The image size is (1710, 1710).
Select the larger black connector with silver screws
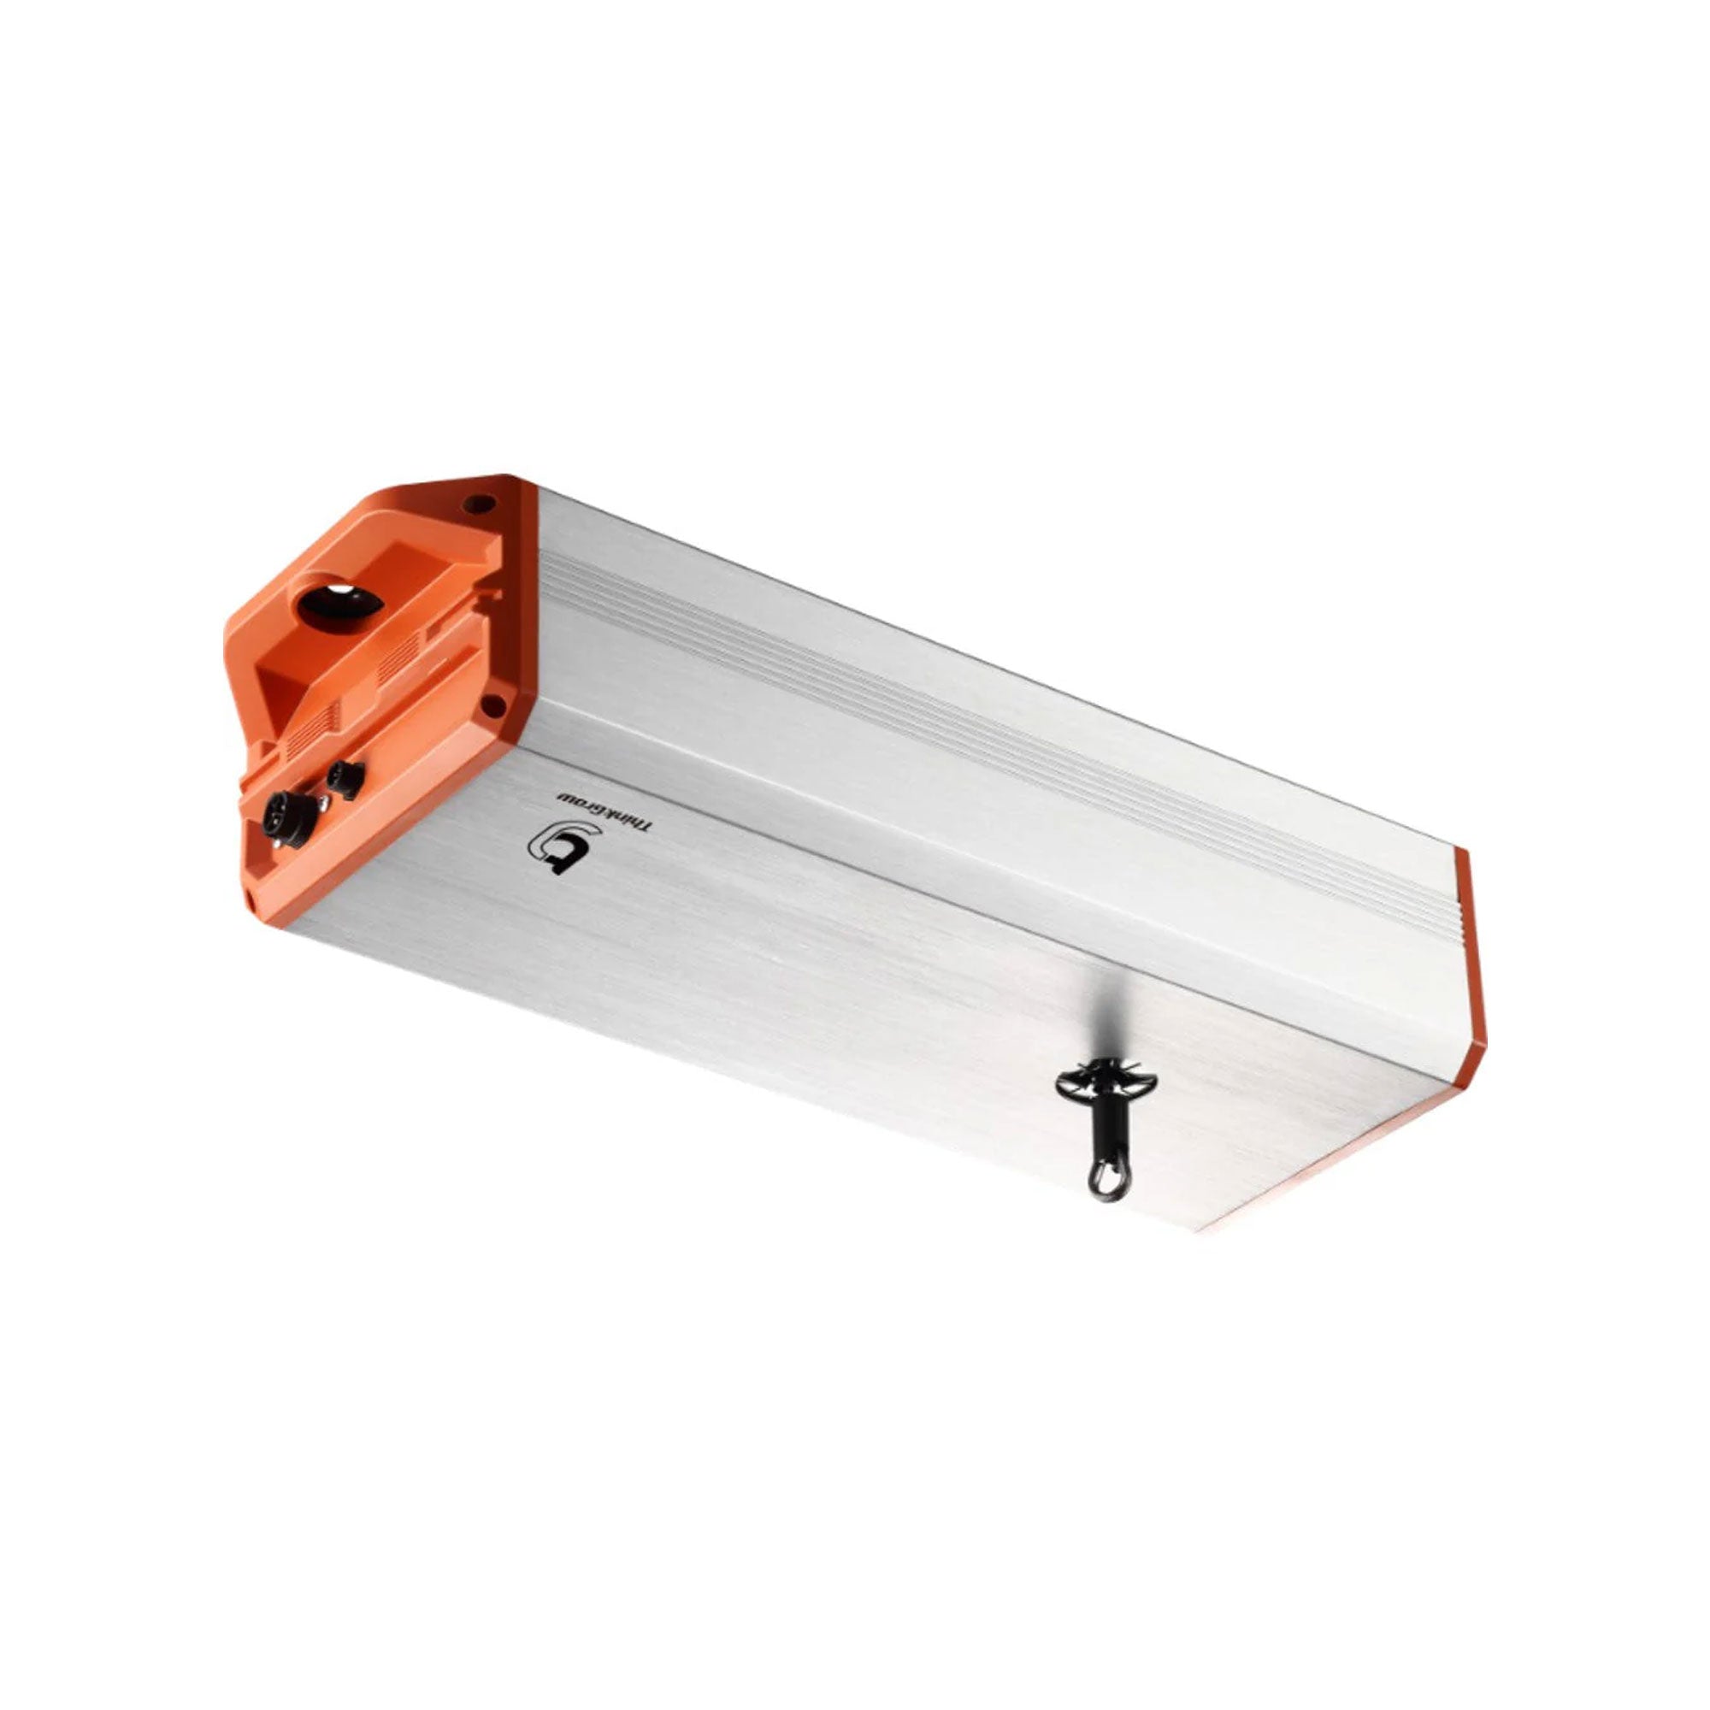pyautogui.click(x=288, y=814)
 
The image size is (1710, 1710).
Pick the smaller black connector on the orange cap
pyautogui.click(x=345, y=780)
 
